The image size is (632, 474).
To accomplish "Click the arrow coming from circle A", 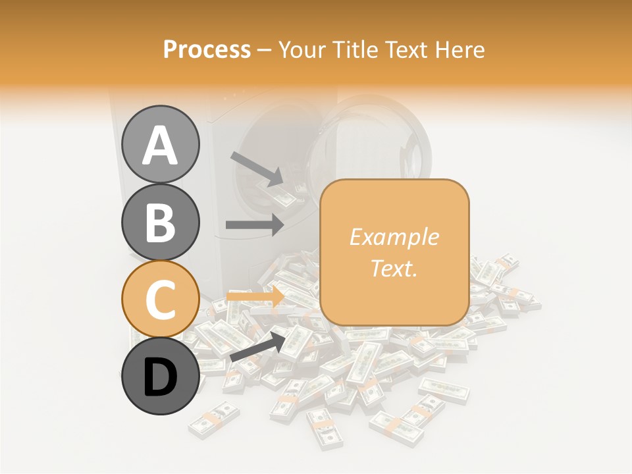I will (257, 169).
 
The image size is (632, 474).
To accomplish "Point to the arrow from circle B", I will (255, 224).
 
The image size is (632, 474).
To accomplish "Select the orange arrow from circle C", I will (255, 297).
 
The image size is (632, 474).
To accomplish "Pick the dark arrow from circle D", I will (259, 346).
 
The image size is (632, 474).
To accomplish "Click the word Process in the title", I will (207, 50).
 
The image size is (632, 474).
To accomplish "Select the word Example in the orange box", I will (394, 238).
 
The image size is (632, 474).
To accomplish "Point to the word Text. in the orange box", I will (394, 268).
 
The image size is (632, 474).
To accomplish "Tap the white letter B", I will (161, 223).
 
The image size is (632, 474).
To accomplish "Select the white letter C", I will (161, 300).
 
